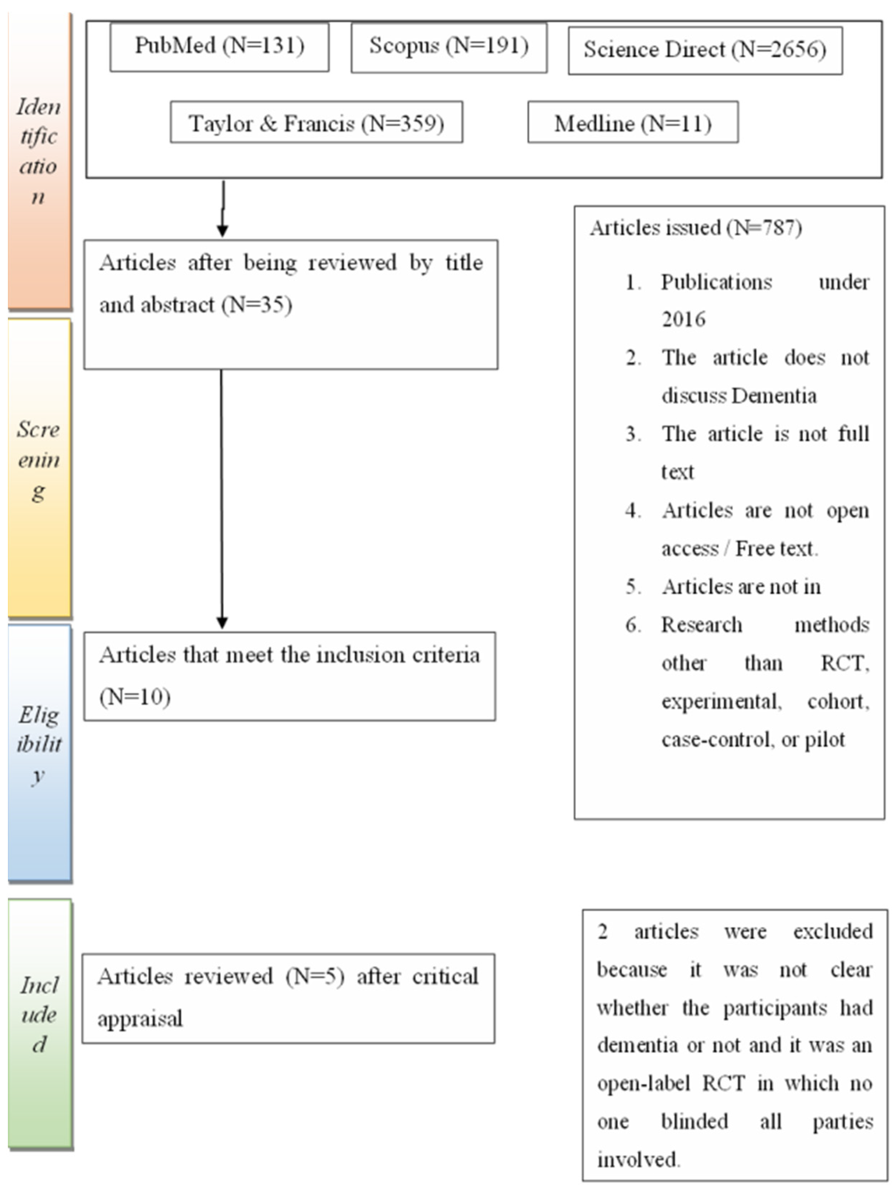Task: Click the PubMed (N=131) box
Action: pyautogui.click(x=219, y=47)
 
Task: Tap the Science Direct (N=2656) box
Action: pyautogui.click(x=705, y=50)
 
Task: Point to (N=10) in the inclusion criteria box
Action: pyautogui.click(x=135, y=697)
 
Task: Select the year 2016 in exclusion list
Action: pyautogui.click(x=683, y=320)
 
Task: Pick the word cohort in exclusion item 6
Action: pyautogui.click(x=838, y=701)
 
